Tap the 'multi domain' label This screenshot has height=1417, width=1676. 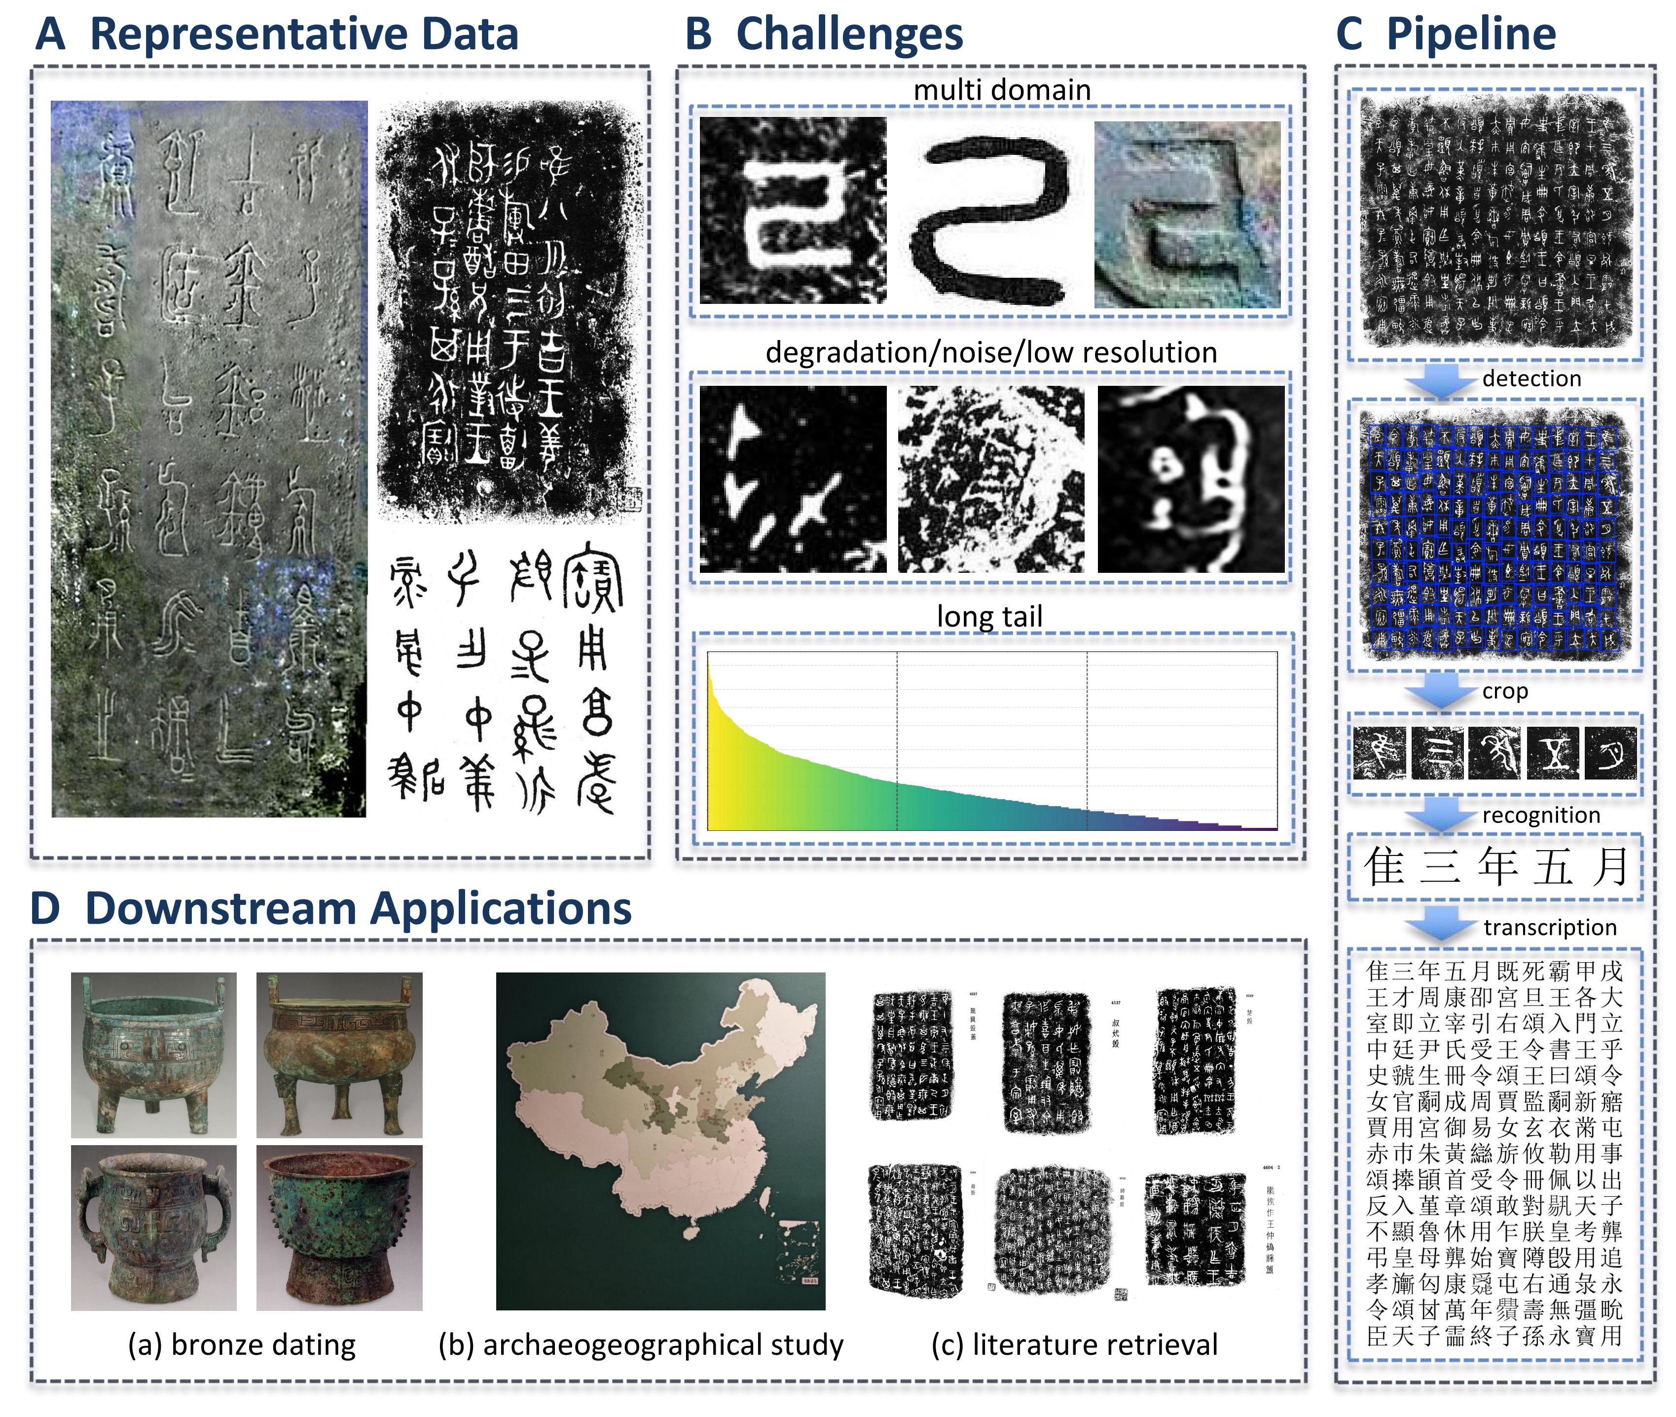(1001, 90)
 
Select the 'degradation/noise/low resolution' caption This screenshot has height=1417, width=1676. (991, 353)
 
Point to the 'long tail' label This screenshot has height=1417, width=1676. (989, 616)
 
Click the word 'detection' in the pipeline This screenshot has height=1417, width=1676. (1530, 378)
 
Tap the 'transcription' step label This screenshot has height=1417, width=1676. (1549, 927)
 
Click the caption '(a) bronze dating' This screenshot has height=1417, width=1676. (242, 1344)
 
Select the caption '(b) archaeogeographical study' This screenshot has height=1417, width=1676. (641, 1344)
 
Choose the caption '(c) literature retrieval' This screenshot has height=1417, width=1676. (1074, 1344)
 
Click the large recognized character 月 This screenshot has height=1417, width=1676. (1610, 867)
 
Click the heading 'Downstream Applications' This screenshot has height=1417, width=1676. (358, 908)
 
